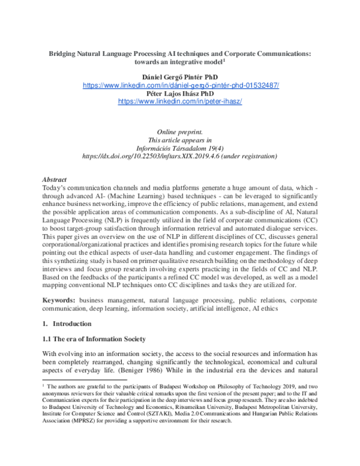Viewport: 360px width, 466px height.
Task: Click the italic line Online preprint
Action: pos(180,131)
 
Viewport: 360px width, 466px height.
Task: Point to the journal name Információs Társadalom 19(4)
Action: pos(180,148)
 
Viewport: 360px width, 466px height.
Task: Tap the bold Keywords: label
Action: pos(61,299)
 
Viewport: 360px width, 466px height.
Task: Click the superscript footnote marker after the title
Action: pos(224,59)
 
